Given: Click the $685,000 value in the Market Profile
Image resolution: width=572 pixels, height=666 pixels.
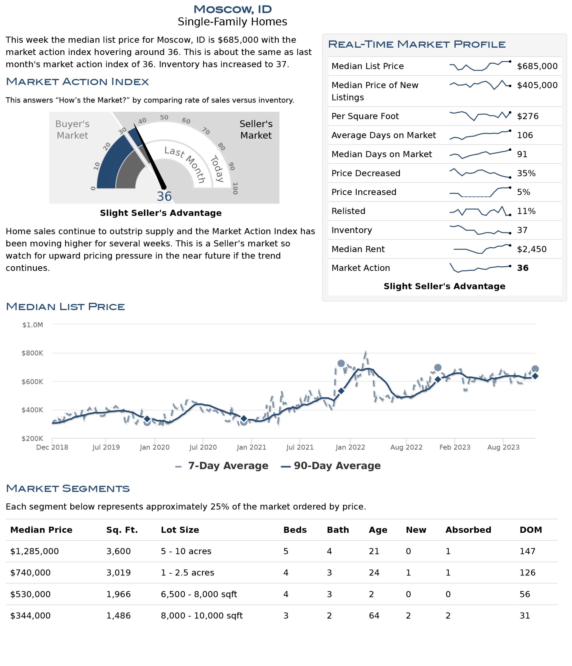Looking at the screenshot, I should pos(537,66).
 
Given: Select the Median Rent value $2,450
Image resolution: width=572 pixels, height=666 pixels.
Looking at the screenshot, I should pos(531,249).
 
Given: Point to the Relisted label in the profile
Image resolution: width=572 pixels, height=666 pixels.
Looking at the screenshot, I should pos(348,211).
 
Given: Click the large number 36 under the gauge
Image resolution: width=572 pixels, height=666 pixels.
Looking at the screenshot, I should pos(164,196).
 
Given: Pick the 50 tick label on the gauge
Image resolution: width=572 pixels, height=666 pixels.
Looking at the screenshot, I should pos(164,118).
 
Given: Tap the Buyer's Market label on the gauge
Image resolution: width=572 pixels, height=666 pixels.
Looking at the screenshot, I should pos(72,130).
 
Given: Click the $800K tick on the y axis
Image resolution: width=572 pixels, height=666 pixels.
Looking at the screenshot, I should pos(32,353).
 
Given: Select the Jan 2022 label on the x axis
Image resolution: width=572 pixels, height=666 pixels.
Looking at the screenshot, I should pos(350,447).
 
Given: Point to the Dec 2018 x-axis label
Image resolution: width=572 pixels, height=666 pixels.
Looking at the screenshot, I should pos(52,447).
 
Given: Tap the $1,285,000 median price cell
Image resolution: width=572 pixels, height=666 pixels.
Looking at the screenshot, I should pos(34,551).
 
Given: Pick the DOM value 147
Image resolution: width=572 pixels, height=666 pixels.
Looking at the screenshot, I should pos(527,551).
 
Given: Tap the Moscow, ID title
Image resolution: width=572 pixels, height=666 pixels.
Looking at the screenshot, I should pos(232,9).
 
